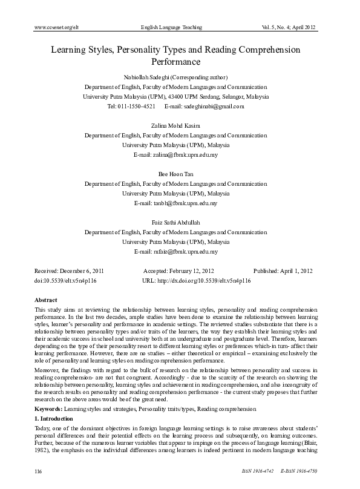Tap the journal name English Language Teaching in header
tap(171, 28)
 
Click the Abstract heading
tap(47, 300)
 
